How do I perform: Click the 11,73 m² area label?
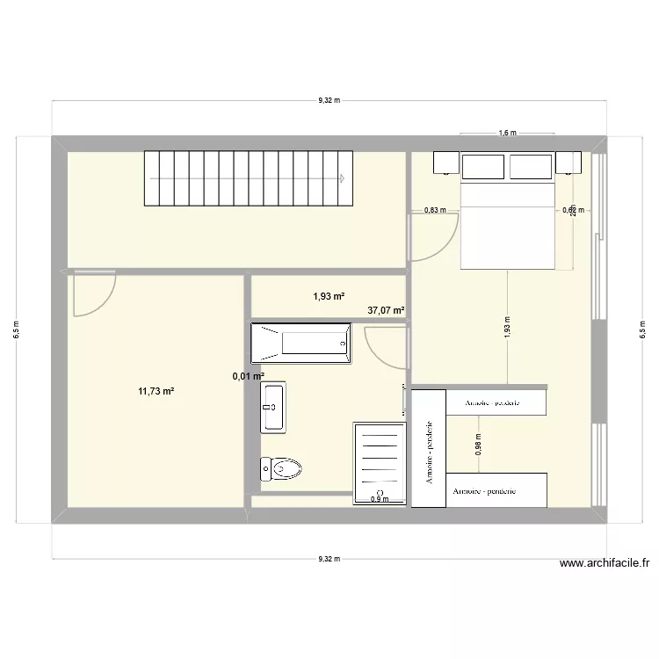[156, 391]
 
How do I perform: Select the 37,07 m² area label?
[386, 310]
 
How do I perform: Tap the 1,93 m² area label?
[329, 296]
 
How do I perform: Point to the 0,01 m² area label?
[249, 376]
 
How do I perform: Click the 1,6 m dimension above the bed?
[507, 134]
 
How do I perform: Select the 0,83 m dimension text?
[435, 210]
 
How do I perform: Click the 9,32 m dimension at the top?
[329, 100]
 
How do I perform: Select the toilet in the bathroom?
[280, 470]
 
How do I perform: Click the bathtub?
[301, 344]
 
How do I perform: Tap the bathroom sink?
[273, 408]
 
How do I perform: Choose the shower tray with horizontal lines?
[380, 463]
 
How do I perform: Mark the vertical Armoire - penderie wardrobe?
[429, 449]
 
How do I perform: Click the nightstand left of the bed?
[444, 163]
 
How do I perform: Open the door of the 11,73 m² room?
[94, 294]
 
